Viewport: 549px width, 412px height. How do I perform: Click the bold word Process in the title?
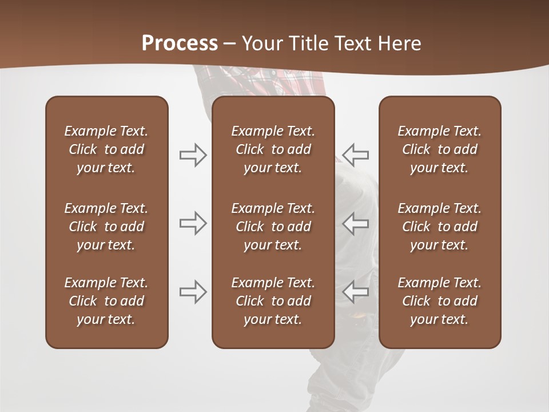[180, 43]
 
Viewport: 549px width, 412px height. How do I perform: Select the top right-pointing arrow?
[193, 155]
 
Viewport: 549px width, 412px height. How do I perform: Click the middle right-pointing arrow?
[193, 223]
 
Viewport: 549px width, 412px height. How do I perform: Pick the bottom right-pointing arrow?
[193, 292]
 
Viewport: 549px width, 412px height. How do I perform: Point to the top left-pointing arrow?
[356, 155]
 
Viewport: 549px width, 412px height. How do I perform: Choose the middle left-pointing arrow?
[356, 223]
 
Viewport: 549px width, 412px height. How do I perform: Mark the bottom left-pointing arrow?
[356, 292]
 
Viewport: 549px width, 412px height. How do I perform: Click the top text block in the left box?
[106, 149]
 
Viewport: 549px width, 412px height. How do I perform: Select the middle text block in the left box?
[106, 227]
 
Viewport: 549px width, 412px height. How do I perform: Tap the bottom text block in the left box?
[106, 301]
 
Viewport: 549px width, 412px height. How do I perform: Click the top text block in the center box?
[273, 149]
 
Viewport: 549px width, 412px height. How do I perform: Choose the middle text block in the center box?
[273, 227]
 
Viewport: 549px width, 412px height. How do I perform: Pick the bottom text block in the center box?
[273, 301]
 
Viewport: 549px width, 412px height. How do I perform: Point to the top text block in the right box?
[440, 149]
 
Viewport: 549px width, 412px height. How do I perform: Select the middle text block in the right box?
[440, 227]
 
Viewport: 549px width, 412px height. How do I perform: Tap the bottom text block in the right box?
[440, 301]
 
